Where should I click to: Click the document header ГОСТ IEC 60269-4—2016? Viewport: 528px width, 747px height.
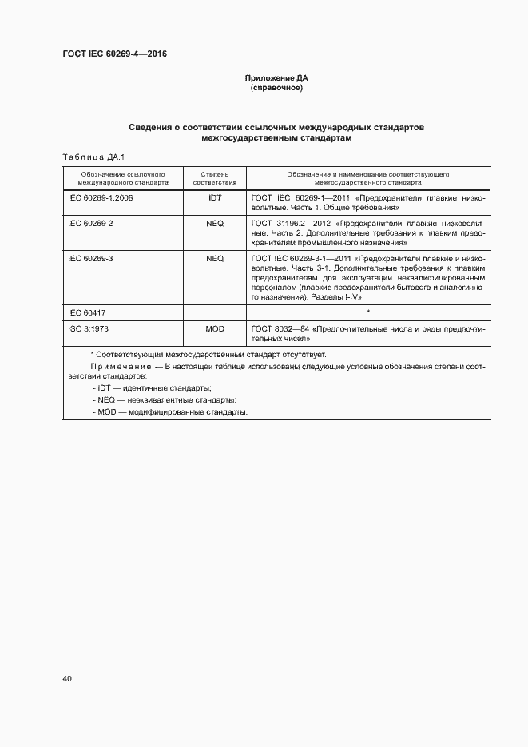coord(115,54)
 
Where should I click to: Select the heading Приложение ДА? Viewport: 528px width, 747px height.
coord(276,78)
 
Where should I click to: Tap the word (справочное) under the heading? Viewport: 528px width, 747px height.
coord(276,88)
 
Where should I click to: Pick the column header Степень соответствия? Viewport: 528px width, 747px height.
coord(215,177)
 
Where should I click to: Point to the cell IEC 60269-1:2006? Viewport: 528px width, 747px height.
coord(101,197)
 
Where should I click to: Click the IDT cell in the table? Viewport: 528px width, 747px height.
coord(215,197)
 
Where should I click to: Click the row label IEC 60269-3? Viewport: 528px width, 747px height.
coord(90,259)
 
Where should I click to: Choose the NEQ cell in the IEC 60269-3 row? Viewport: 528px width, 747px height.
coord(215,259)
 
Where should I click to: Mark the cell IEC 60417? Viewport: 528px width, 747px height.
coord(87,313)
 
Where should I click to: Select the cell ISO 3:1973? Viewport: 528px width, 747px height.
coord(89,329)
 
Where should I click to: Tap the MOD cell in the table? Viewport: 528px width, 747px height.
coord(215,329)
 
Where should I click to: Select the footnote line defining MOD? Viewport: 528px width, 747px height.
coord(170,412)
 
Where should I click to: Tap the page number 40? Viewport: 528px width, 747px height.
coord(67,679)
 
